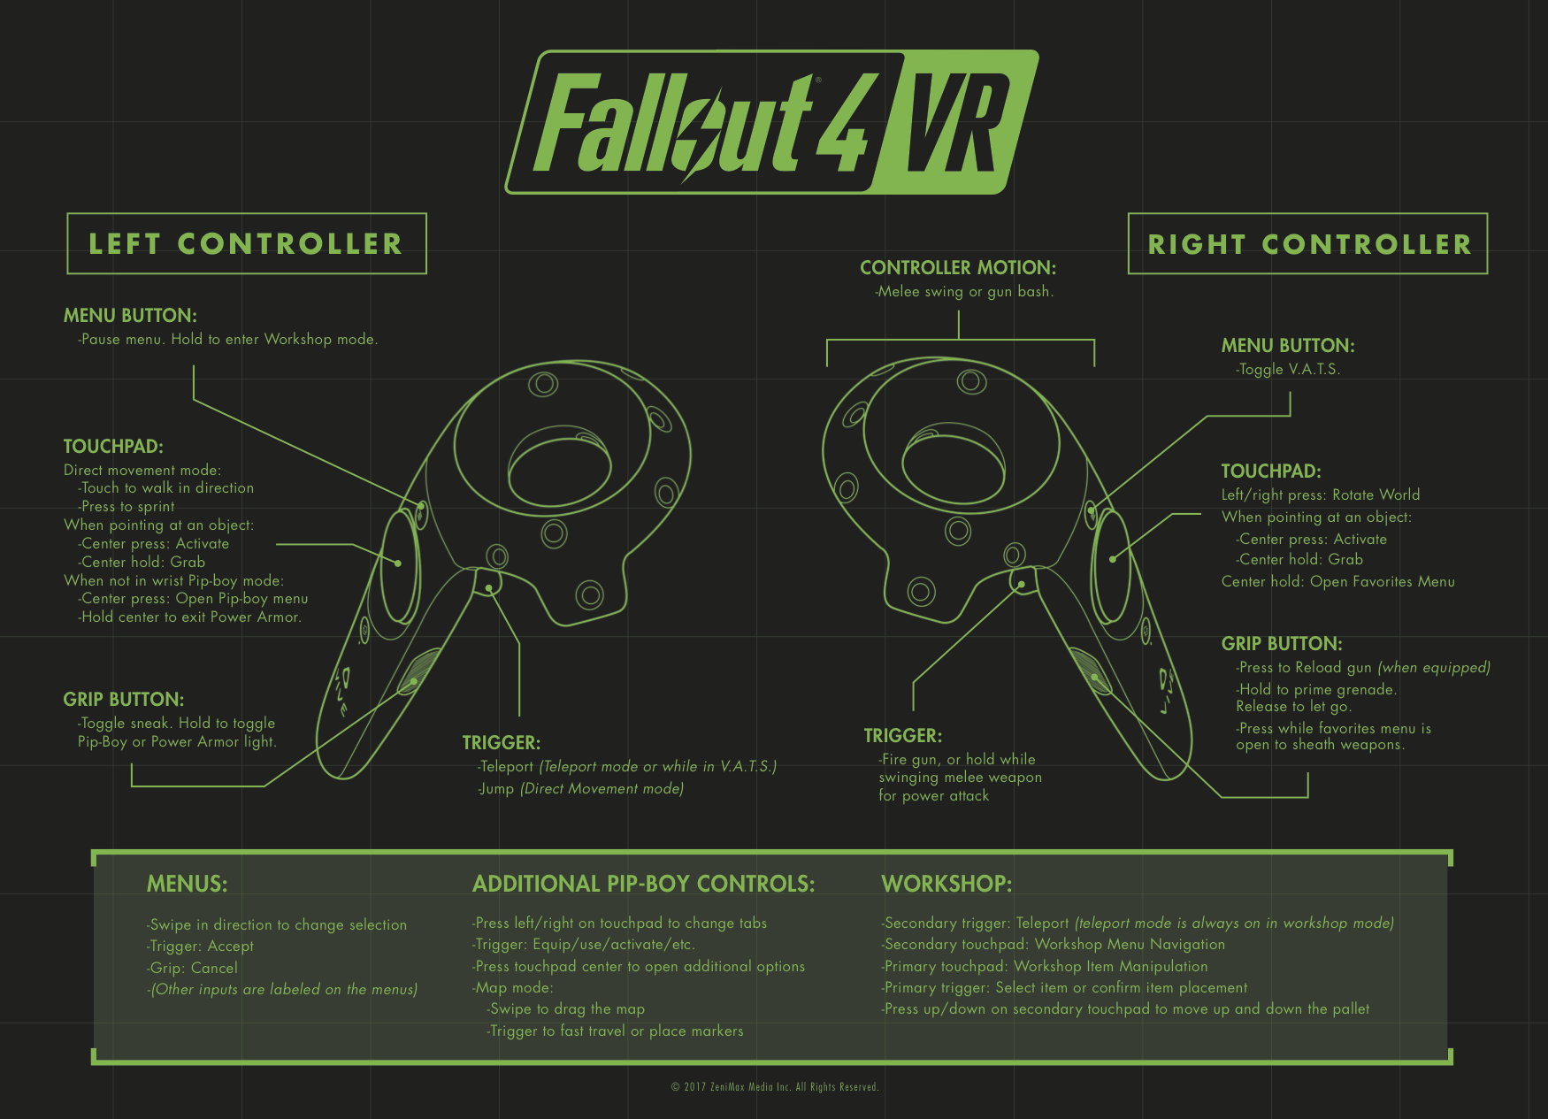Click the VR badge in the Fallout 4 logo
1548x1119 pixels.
coord(955,122)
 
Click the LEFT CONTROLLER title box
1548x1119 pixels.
coord(247,244)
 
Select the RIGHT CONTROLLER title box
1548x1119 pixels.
coord(1307,244)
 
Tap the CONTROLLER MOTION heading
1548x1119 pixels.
coord(958,268)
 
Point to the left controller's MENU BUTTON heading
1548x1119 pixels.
coord(130,316)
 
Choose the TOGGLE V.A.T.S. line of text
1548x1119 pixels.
coord(1289,370)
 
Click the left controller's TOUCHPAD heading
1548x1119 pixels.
coord(113,447)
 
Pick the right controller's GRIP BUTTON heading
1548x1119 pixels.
coord(1282,644)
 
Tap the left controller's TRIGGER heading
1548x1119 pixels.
coord(501,743)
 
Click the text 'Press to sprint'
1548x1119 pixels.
coord(127,507)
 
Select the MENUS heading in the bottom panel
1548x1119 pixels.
coord(187,884)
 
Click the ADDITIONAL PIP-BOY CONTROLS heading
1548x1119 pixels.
coord(643,884)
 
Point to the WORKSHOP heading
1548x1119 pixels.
coord(946,884)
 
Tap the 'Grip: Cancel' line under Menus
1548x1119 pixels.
coord(193,968)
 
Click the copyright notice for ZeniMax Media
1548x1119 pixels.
coord(775,1087)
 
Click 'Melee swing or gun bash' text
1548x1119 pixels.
coord(964,292)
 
